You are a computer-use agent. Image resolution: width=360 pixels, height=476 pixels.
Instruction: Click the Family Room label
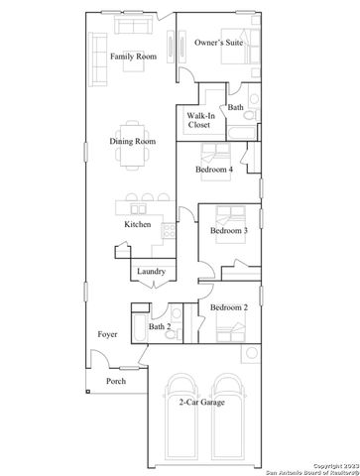pyautogui.click(x=133, y=57)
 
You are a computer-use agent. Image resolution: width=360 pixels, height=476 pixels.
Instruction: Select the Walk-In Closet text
pyautogui.click(x=199, y=121)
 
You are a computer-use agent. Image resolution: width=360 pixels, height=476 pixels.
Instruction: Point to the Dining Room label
pyautogui.click(x=132, y=141)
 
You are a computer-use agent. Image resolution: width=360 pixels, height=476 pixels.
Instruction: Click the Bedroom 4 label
pyautogui.click(x=213, y=170)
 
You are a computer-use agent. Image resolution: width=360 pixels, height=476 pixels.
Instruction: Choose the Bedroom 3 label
pyautogui.click(x=228, y=231)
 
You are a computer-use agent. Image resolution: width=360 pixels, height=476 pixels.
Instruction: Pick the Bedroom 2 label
pyautogui.click(x=228, y=308)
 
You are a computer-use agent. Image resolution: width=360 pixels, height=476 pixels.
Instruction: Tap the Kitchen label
pyautogui.click(x=137, y=225)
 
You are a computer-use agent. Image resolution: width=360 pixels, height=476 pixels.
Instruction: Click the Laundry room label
pyautogui.click(x=151, y=272)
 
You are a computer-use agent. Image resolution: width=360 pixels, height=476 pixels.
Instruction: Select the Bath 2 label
pyautogui.click(x=161, y=326)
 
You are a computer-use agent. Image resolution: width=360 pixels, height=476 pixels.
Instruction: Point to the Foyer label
pyautogui.click(x=107, y=334)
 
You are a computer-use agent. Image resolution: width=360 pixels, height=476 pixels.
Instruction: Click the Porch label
pyautogui.click(x=116, y=380)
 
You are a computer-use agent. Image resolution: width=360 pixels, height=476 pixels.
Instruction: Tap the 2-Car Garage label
pyautogui.click(x=200, y=404)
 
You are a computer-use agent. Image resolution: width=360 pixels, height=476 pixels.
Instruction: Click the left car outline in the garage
pyautogui.click(x=183, y=421)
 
